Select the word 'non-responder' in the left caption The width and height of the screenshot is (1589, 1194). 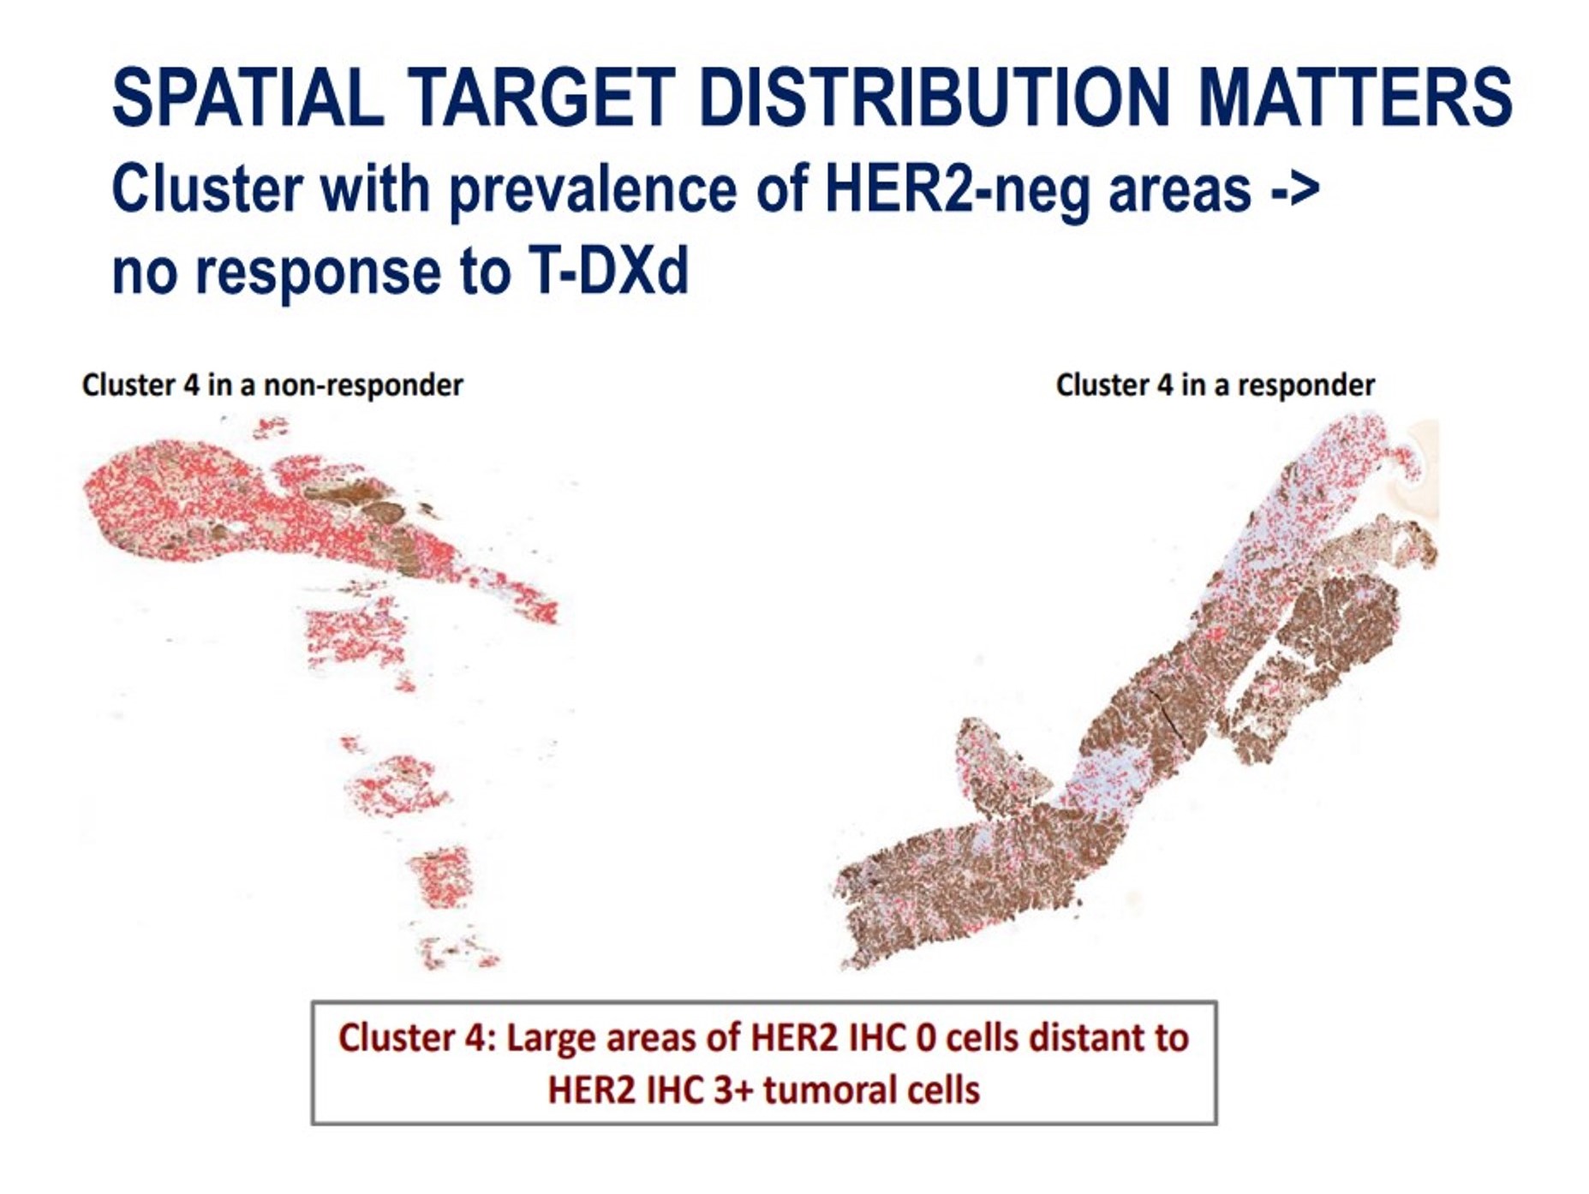click(x=363, y=385)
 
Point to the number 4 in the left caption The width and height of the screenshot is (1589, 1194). click(x=191, y=385)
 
